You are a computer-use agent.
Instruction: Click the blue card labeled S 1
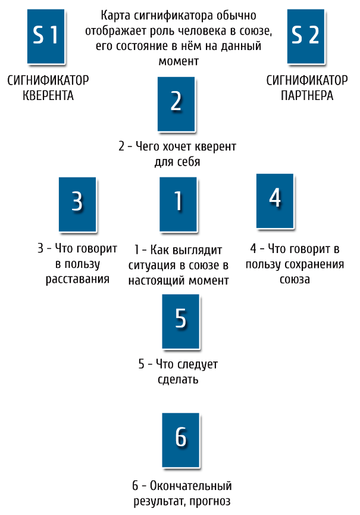(46, 36)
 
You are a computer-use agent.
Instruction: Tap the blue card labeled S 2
(306, 36)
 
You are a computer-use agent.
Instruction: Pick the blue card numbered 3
(77, 203)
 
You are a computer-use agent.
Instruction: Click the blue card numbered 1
(177, 203)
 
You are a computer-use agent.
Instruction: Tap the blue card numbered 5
(181, 320)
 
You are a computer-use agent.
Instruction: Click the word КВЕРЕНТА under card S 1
(48, 95)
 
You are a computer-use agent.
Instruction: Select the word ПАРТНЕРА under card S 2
(306, 95)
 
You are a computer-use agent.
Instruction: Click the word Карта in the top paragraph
(117, 15)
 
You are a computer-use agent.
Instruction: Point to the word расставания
(77, 279)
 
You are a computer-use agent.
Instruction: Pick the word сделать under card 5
(178, 379)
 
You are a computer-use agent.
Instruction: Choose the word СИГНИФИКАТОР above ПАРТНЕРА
(306, 80)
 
